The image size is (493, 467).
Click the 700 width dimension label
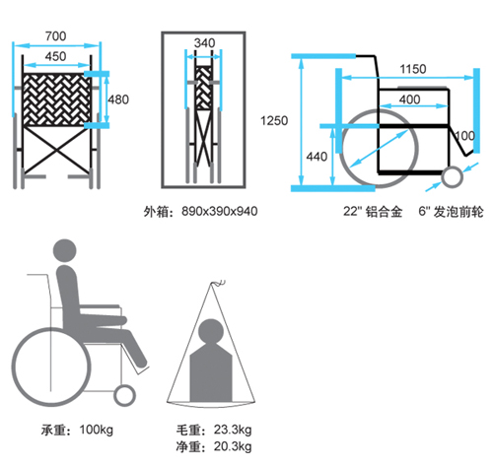55,35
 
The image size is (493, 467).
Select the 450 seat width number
55,56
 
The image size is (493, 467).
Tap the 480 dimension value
118,100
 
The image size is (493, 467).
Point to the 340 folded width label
204,43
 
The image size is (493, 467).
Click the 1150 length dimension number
413,69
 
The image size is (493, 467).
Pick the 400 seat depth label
409,100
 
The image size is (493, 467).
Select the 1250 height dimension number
274,121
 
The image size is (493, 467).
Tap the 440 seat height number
317,157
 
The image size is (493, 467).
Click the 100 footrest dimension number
464,136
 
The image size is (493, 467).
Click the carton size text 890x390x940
220,211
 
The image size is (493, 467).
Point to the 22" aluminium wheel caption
373,212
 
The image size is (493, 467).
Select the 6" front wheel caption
451,212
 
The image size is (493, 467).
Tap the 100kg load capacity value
97,430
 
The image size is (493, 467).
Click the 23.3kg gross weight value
233,430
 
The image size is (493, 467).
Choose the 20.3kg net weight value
233,446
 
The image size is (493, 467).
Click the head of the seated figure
65,250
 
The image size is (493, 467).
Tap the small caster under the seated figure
124,395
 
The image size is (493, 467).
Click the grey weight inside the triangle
211,362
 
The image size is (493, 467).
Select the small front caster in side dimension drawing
452,176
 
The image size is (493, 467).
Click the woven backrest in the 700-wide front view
56,100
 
